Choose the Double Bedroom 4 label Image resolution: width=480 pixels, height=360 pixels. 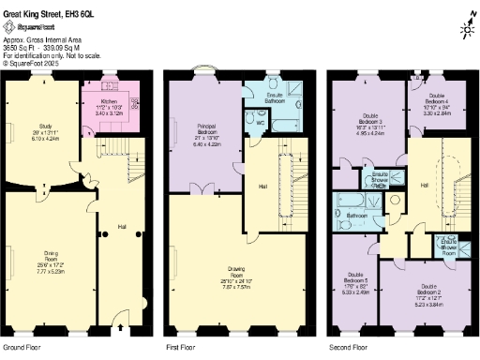437,97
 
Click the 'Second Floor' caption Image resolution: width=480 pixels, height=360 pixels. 348,346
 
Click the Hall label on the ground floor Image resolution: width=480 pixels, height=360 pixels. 122,226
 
